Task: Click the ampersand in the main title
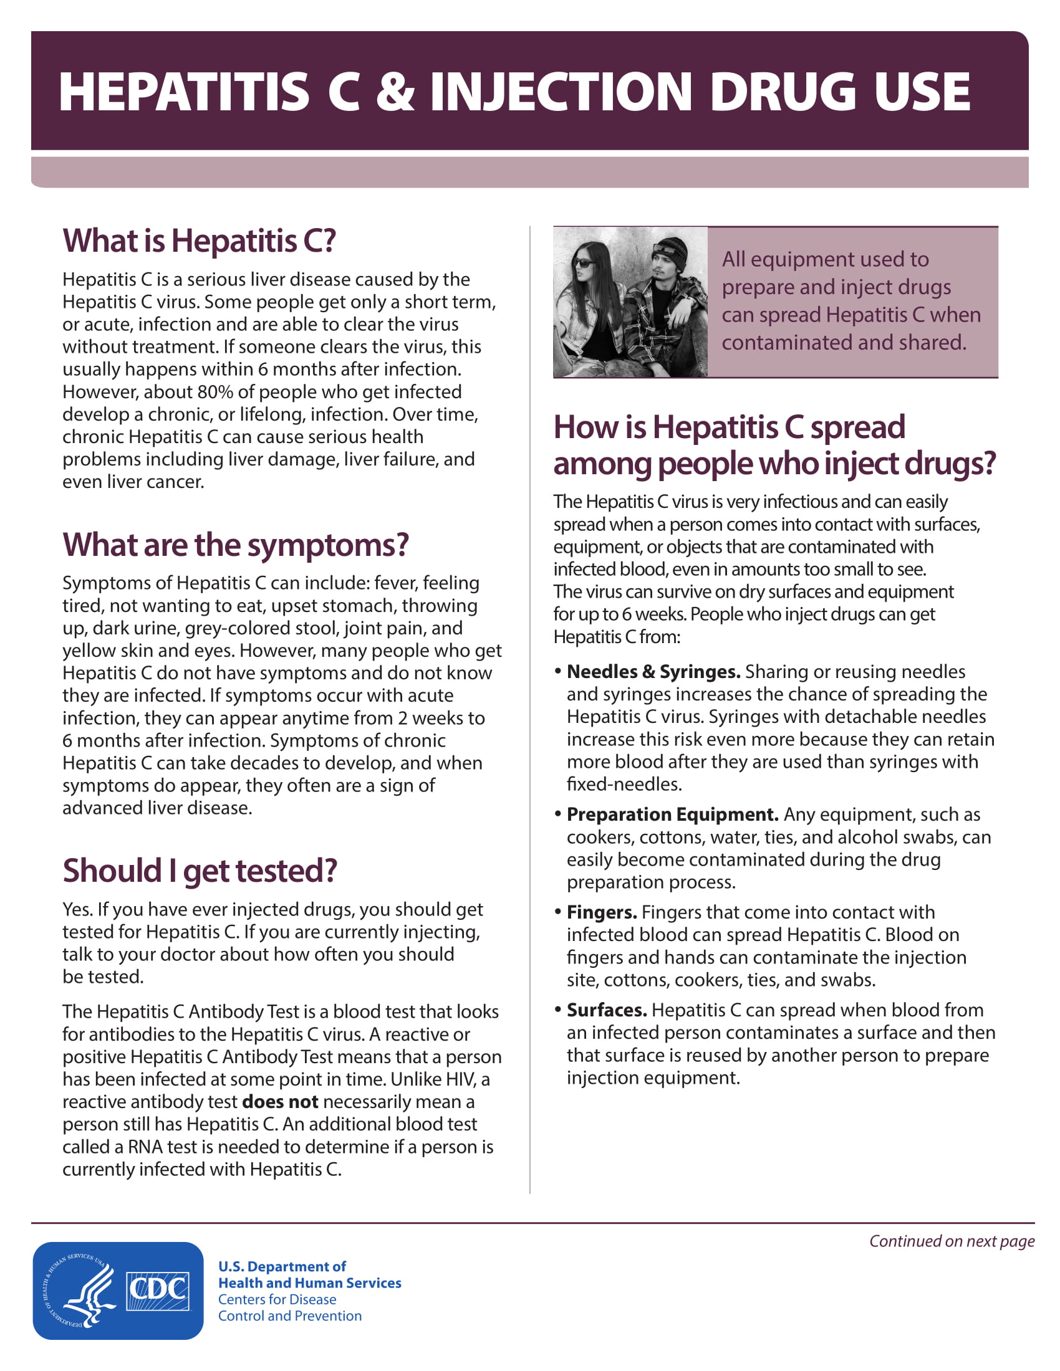(x=395, y=92)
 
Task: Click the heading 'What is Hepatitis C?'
(x=199, y=241)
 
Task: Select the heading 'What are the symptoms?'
(x=236, y=545)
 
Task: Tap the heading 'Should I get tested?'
(x=200, y=871)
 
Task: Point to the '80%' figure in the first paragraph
(x=214, y=392)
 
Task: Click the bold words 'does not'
(x=279, y=1102)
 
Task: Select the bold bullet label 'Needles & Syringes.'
(x=653, y=672)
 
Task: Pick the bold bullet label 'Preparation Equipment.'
(x=672, y=814)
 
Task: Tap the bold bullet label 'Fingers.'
(x=602, y=912)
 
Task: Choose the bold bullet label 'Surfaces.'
(x=607, y=1010)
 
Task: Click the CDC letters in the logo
(x=158, y=1290)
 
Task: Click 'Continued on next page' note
(x=952, y=1241)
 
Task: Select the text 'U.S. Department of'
(x=282, y=1267)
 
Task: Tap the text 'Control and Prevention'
(x=289, y=1316)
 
